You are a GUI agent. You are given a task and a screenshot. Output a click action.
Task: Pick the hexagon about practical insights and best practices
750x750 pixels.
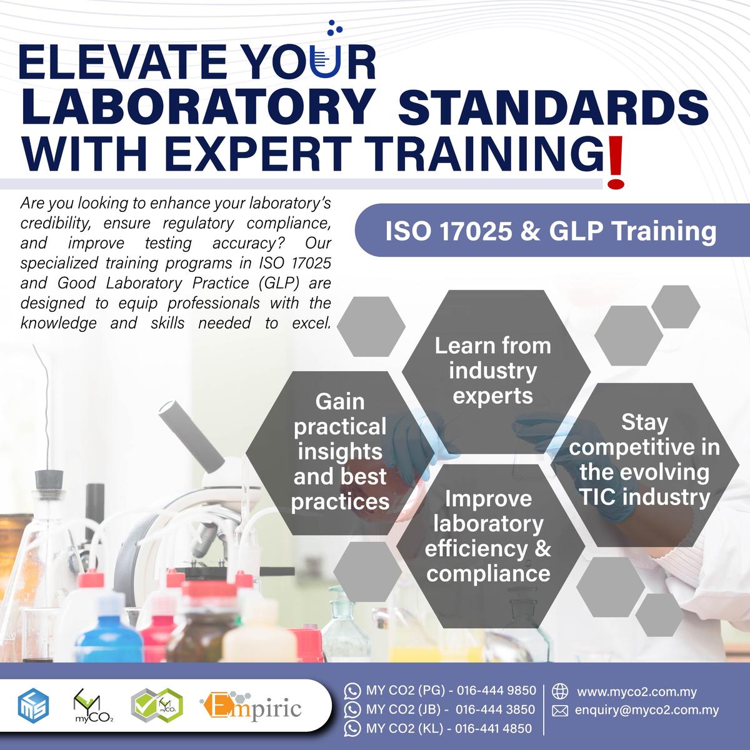pos(340,452)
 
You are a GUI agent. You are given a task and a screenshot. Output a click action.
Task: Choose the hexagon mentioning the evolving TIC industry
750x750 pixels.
pos(644,460)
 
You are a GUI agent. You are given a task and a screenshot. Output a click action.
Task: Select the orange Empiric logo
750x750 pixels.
pos(251,707)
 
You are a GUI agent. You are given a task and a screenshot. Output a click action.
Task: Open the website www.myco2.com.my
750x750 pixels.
pos(637,692)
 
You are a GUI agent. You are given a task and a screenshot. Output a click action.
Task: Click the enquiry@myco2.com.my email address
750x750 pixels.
pos(647,710)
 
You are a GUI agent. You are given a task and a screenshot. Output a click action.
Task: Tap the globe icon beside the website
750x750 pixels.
pos(560,691)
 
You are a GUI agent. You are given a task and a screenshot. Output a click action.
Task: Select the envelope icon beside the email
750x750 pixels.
pos(560,711)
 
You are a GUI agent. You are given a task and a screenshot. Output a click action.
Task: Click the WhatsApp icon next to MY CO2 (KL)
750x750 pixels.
pos(352,728)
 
